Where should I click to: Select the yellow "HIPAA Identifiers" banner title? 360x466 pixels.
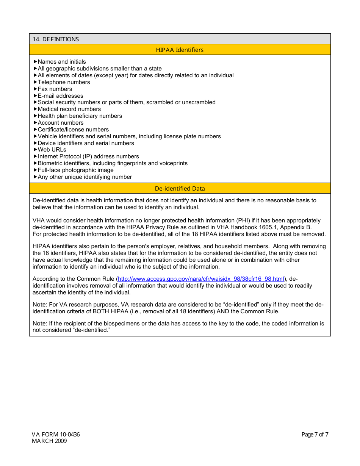click(180, 50)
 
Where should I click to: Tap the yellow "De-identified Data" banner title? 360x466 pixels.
click(180, 189)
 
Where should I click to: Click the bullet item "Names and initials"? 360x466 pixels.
click(62, 62)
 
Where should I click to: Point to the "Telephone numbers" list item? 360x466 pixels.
click(64, 82)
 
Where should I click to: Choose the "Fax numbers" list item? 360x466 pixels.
click(55, 89)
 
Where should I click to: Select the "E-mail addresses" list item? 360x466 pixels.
click(60, 96)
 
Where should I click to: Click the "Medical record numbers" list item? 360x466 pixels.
click(69, 109)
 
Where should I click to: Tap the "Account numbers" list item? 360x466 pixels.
click(61, 123)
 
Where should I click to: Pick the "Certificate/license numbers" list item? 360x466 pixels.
click(73, 130)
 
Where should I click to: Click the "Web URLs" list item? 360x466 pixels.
click(52, 150)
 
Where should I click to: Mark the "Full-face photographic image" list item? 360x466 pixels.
click(75, 170)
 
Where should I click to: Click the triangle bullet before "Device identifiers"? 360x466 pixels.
click(35, 143)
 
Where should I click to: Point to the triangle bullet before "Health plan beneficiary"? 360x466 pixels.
click(35, 116)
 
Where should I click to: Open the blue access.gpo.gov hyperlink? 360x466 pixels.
click(201, 279)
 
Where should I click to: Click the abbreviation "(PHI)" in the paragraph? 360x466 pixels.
click(243, 220)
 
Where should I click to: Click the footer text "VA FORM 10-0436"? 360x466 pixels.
click(56, 435)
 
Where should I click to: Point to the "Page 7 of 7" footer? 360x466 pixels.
click(315, 435)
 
